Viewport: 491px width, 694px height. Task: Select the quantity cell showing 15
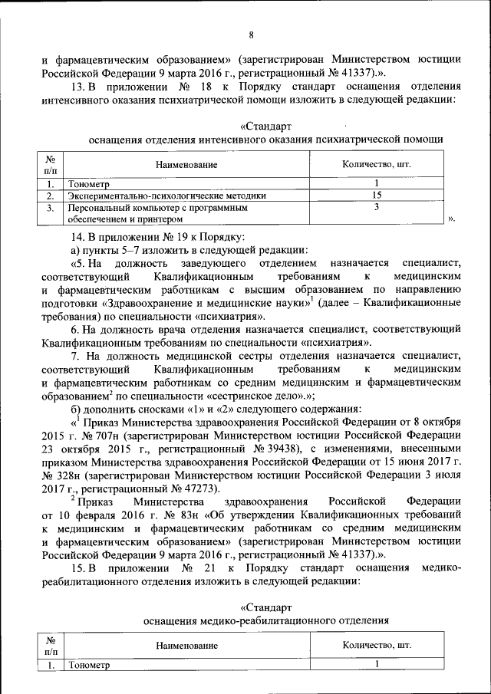[x=377, y=196]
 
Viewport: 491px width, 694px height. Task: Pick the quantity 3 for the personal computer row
[x=377, y=207]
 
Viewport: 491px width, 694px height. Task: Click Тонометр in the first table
[x=89, y=184]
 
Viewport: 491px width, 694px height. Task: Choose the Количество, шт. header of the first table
[x=376, y=165]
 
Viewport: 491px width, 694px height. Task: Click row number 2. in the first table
[x=49, y=196]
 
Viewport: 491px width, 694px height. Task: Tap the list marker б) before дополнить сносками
[x=76, y=409]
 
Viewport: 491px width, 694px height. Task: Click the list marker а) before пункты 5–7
[x=75, y=249]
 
